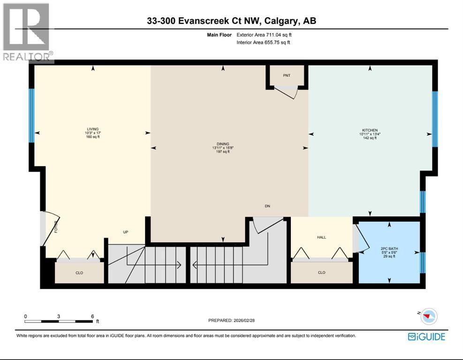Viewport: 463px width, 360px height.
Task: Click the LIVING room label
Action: (92, 129)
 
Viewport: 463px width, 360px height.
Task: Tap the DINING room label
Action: (223, 144)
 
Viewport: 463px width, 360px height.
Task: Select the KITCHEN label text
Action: (370, 130)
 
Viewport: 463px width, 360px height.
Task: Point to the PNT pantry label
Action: (287, 75)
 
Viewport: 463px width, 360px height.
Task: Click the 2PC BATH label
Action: (389, 249)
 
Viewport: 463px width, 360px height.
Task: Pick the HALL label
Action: (321, 237)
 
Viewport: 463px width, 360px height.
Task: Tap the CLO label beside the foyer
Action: (79, 273)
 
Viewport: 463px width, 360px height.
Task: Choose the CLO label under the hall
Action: (321, 272)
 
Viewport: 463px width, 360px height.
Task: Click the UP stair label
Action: (126, 232)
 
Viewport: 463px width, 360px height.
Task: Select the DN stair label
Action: (267, 206)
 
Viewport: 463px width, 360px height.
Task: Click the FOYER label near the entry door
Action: (56, 227)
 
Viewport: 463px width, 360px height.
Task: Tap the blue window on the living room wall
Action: (32, 115)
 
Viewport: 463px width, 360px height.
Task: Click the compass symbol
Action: (429, 316)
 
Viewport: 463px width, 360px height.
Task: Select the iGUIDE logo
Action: (426, 337)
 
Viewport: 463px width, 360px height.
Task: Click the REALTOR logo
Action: (27, 32)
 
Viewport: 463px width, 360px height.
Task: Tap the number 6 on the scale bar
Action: (92, 316)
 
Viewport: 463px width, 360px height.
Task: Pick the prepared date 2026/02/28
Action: (244, 320)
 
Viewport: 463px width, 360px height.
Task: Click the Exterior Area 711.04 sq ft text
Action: (264, 35)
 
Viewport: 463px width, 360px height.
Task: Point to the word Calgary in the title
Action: (281, 21)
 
